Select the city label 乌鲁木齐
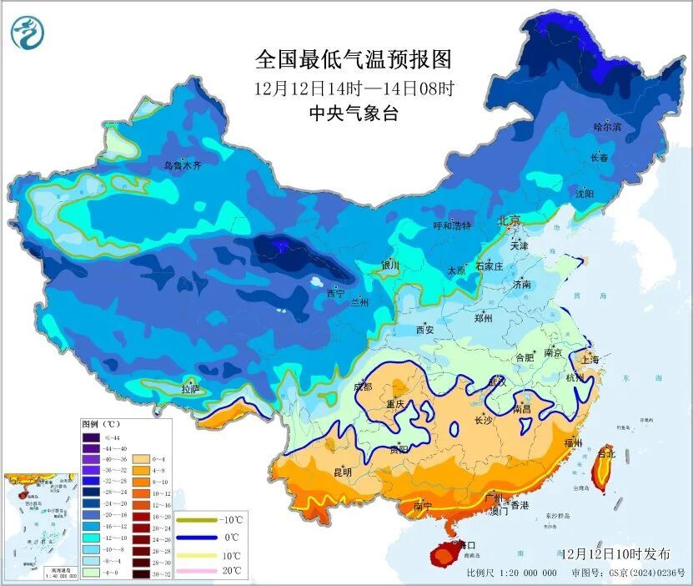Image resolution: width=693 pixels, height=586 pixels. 183,166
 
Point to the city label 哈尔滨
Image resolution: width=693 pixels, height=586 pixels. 607,127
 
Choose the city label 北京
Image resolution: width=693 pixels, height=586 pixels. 509,220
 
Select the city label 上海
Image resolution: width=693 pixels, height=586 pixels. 590,359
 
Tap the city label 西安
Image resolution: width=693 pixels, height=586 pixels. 424,330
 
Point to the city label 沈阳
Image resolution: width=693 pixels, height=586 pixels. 585,194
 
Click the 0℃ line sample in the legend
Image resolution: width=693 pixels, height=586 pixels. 195,538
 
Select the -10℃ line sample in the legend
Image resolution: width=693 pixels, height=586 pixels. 195,520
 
